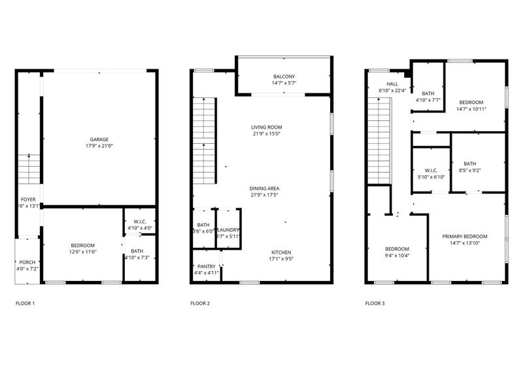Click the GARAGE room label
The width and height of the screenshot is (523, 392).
[x=99, y=139]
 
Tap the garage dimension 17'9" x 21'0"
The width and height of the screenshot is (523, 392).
[x=99, y=146]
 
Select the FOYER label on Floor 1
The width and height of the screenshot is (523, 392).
[x=28, y=199]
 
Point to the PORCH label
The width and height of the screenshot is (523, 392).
[x=27, y=262]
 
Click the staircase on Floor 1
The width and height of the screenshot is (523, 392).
[x=28, y=169]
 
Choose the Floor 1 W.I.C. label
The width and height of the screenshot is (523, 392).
[x=139, y=221]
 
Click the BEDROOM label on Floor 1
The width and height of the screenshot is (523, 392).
[x=83, y=245]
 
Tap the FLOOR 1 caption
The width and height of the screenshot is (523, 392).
[x=25, y=304]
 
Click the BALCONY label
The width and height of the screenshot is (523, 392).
[x=283, y=76]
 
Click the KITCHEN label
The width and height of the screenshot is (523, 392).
[x=282, y=252]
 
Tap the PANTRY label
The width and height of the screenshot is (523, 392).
[x=206, y=267]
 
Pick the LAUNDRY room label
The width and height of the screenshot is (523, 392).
[x=228, y=230]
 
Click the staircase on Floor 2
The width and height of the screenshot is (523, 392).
[x=205, y=140]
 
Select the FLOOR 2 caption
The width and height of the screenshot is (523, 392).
[x=200, y=304]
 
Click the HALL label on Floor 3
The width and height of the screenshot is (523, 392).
[x=392, y=84]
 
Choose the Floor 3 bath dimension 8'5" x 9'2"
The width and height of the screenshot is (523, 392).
[x=470, y=171]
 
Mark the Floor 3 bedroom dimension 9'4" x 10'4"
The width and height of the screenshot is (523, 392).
[x=397, y=256]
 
